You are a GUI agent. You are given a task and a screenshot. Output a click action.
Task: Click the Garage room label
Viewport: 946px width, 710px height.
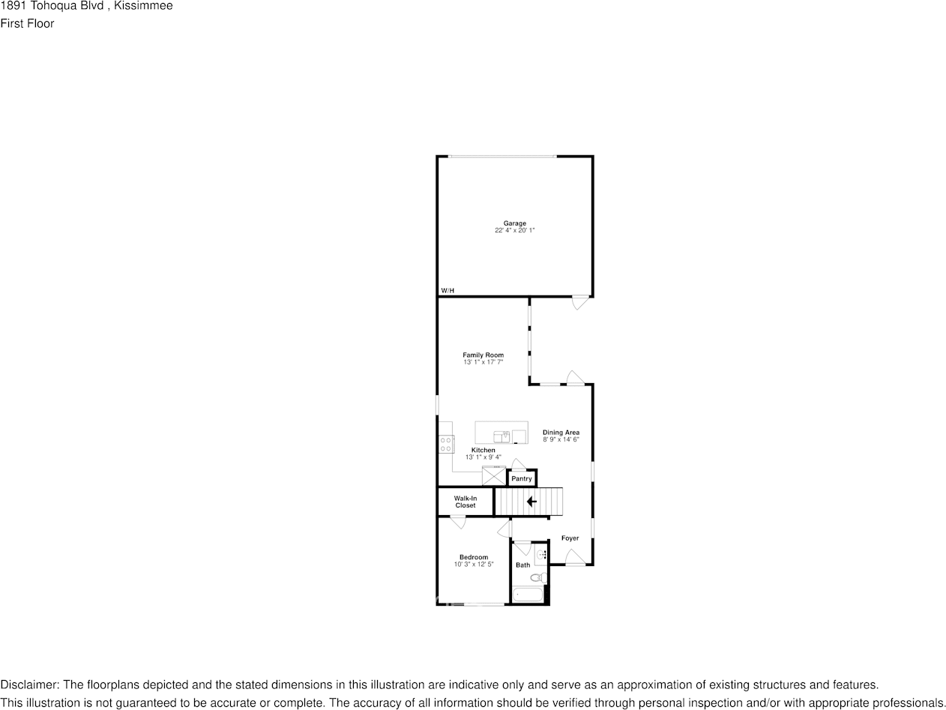point(514,223)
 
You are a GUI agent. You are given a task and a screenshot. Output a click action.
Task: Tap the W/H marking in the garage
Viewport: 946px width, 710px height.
point(448,290)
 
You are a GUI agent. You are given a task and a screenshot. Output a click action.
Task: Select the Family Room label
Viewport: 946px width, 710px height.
point(483,355)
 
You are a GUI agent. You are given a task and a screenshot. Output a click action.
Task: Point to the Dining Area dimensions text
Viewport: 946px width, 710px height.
point(561,440)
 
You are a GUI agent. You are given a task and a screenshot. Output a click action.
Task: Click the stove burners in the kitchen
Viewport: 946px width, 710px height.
point(446,444)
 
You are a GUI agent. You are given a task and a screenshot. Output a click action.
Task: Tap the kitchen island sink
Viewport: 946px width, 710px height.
point(501,436)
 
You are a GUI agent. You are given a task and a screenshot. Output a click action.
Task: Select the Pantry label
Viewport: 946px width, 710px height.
point(522,478)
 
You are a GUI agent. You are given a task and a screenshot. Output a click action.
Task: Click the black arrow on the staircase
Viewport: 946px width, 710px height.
point(531,502)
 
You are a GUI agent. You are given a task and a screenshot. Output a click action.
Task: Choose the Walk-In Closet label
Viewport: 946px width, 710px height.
point(466,502)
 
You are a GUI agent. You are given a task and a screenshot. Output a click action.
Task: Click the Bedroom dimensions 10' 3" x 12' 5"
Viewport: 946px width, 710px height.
point(474,565)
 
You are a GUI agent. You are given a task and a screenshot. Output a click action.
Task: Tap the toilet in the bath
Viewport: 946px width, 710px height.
point(537,577)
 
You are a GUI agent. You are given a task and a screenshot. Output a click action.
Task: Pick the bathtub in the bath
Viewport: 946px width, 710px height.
point(528,595)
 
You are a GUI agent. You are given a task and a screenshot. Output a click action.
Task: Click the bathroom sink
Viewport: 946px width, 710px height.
point(541,556)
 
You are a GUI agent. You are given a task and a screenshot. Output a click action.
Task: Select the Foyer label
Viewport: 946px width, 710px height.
point(570,538)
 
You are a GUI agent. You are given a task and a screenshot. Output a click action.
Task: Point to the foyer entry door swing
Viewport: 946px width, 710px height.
point(574,557)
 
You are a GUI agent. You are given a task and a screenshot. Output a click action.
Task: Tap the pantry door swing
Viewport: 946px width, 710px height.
point(518,464)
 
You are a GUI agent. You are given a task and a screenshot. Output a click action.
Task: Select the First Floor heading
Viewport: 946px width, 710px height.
point(27,23)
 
